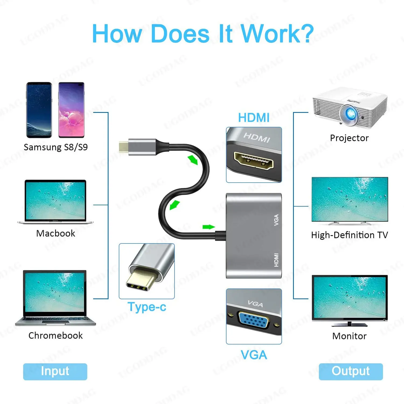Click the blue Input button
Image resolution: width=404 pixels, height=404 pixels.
[55, 371]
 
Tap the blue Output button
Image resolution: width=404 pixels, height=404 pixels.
[351, 371]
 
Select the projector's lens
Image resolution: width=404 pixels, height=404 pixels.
[349, 114]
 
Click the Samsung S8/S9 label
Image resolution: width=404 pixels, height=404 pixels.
[56, 147]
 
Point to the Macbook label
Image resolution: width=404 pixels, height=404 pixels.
[56, 233]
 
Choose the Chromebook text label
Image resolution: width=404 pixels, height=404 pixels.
[55, 336]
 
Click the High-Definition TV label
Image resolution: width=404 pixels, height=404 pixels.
[349, 235]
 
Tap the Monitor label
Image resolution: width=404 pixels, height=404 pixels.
[349, 336]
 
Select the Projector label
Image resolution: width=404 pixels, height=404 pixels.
[349, 138]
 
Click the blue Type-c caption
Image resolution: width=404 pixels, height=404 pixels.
[147, 307]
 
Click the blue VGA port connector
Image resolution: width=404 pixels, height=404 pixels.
[254, 320]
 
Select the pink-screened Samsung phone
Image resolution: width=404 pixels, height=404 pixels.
[71, 110]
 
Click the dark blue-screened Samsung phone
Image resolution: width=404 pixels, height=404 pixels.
[39, 110]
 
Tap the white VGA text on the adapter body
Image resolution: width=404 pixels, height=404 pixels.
[276, 220]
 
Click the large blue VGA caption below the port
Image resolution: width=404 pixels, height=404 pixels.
[254, 355]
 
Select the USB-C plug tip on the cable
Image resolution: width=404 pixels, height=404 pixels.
[123, 147]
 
